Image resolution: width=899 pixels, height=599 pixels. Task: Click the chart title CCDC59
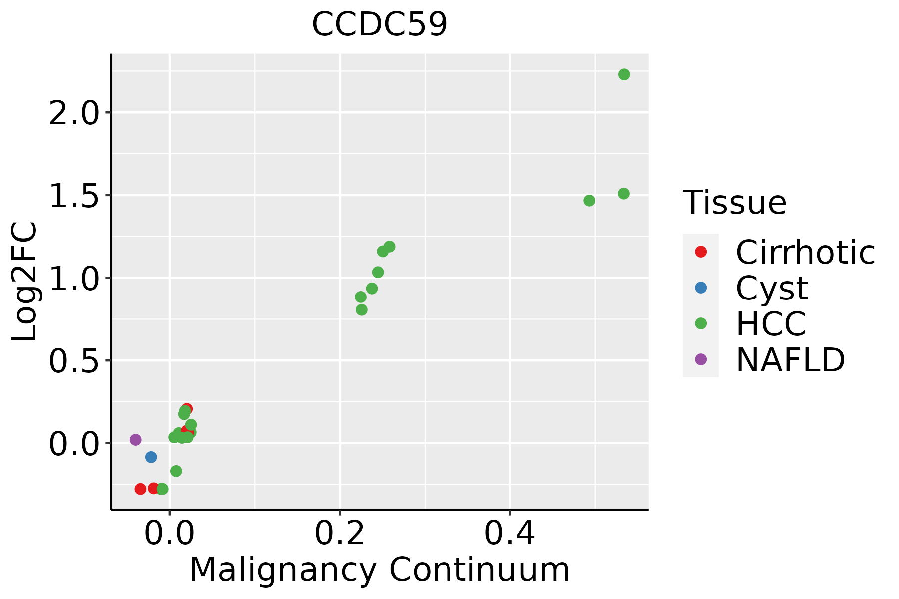pyautogui.click(x=380, y=24)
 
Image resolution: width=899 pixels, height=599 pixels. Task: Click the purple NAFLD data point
pyautogui.click(x=135, y=440)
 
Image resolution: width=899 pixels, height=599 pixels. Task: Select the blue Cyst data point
pyautogui.click(x=151, y=457)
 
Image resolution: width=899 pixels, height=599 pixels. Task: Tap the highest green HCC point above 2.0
pyautogui.click(x=624, y=74)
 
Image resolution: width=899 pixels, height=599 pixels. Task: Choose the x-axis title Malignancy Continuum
pyautogui.click(x=380, y=570)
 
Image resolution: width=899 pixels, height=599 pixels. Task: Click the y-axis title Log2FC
pyautogui.click(x=25, y=282)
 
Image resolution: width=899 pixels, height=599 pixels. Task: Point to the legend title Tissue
pyautogui.click(x=734, y=202)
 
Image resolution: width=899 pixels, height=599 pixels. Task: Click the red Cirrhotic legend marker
pyautogui.click(x=701, y=252)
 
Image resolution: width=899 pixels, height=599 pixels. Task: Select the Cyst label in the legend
pyautogui.click(x=772, y=288)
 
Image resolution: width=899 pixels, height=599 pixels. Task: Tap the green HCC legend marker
pyautogui.click(x=701, y=323)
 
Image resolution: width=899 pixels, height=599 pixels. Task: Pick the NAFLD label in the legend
pyautogui.click(x=790, y=359)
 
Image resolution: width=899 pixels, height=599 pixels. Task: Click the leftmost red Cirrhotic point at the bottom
pyautogui.click(x=140, y=489)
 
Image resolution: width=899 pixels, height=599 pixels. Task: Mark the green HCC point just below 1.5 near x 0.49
pyautogui.click(x=589, y=201)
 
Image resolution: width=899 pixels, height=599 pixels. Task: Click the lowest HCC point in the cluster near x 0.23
pyautogui.click(x=362, y=310)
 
